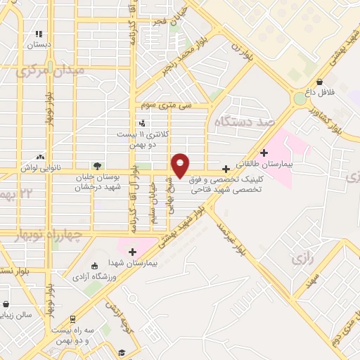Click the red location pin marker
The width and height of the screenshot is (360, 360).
point(181,165)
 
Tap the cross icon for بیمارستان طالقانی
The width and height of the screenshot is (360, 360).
point(264,153)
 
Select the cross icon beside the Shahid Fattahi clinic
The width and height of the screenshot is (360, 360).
point(226,169)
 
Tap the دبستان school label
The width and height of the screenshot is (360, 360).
point(40,44)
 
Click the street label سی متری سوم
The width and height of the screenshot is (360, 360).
point(166,105)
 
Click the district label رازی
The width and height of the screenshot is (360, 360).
point(300,259)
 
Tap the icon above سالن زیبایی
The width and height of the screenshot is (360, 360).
point(6,305)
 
